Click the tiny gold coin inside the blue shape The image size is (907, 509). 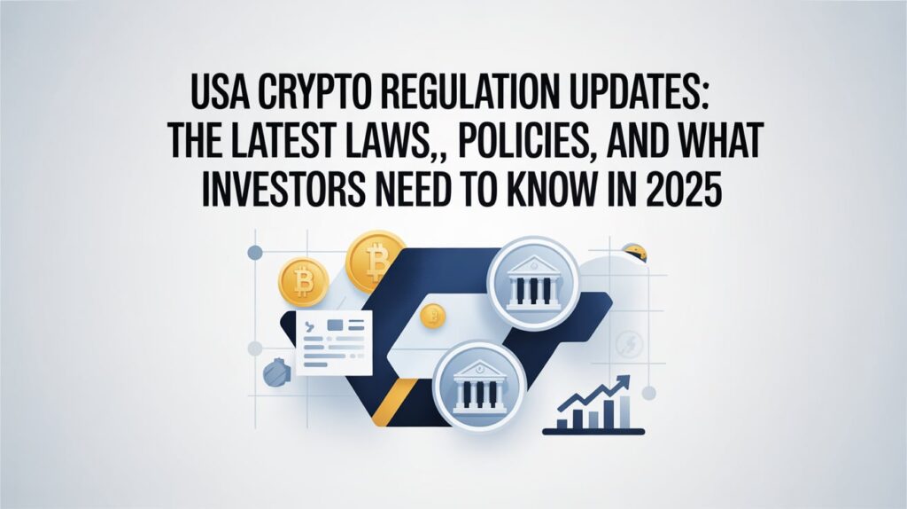click(432, 313)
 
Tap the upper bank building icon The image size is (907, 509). click(532, 282)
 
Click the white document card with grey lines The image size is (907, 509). click(333, 342)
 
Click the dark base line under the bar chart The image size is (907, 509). click(593, 431)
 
